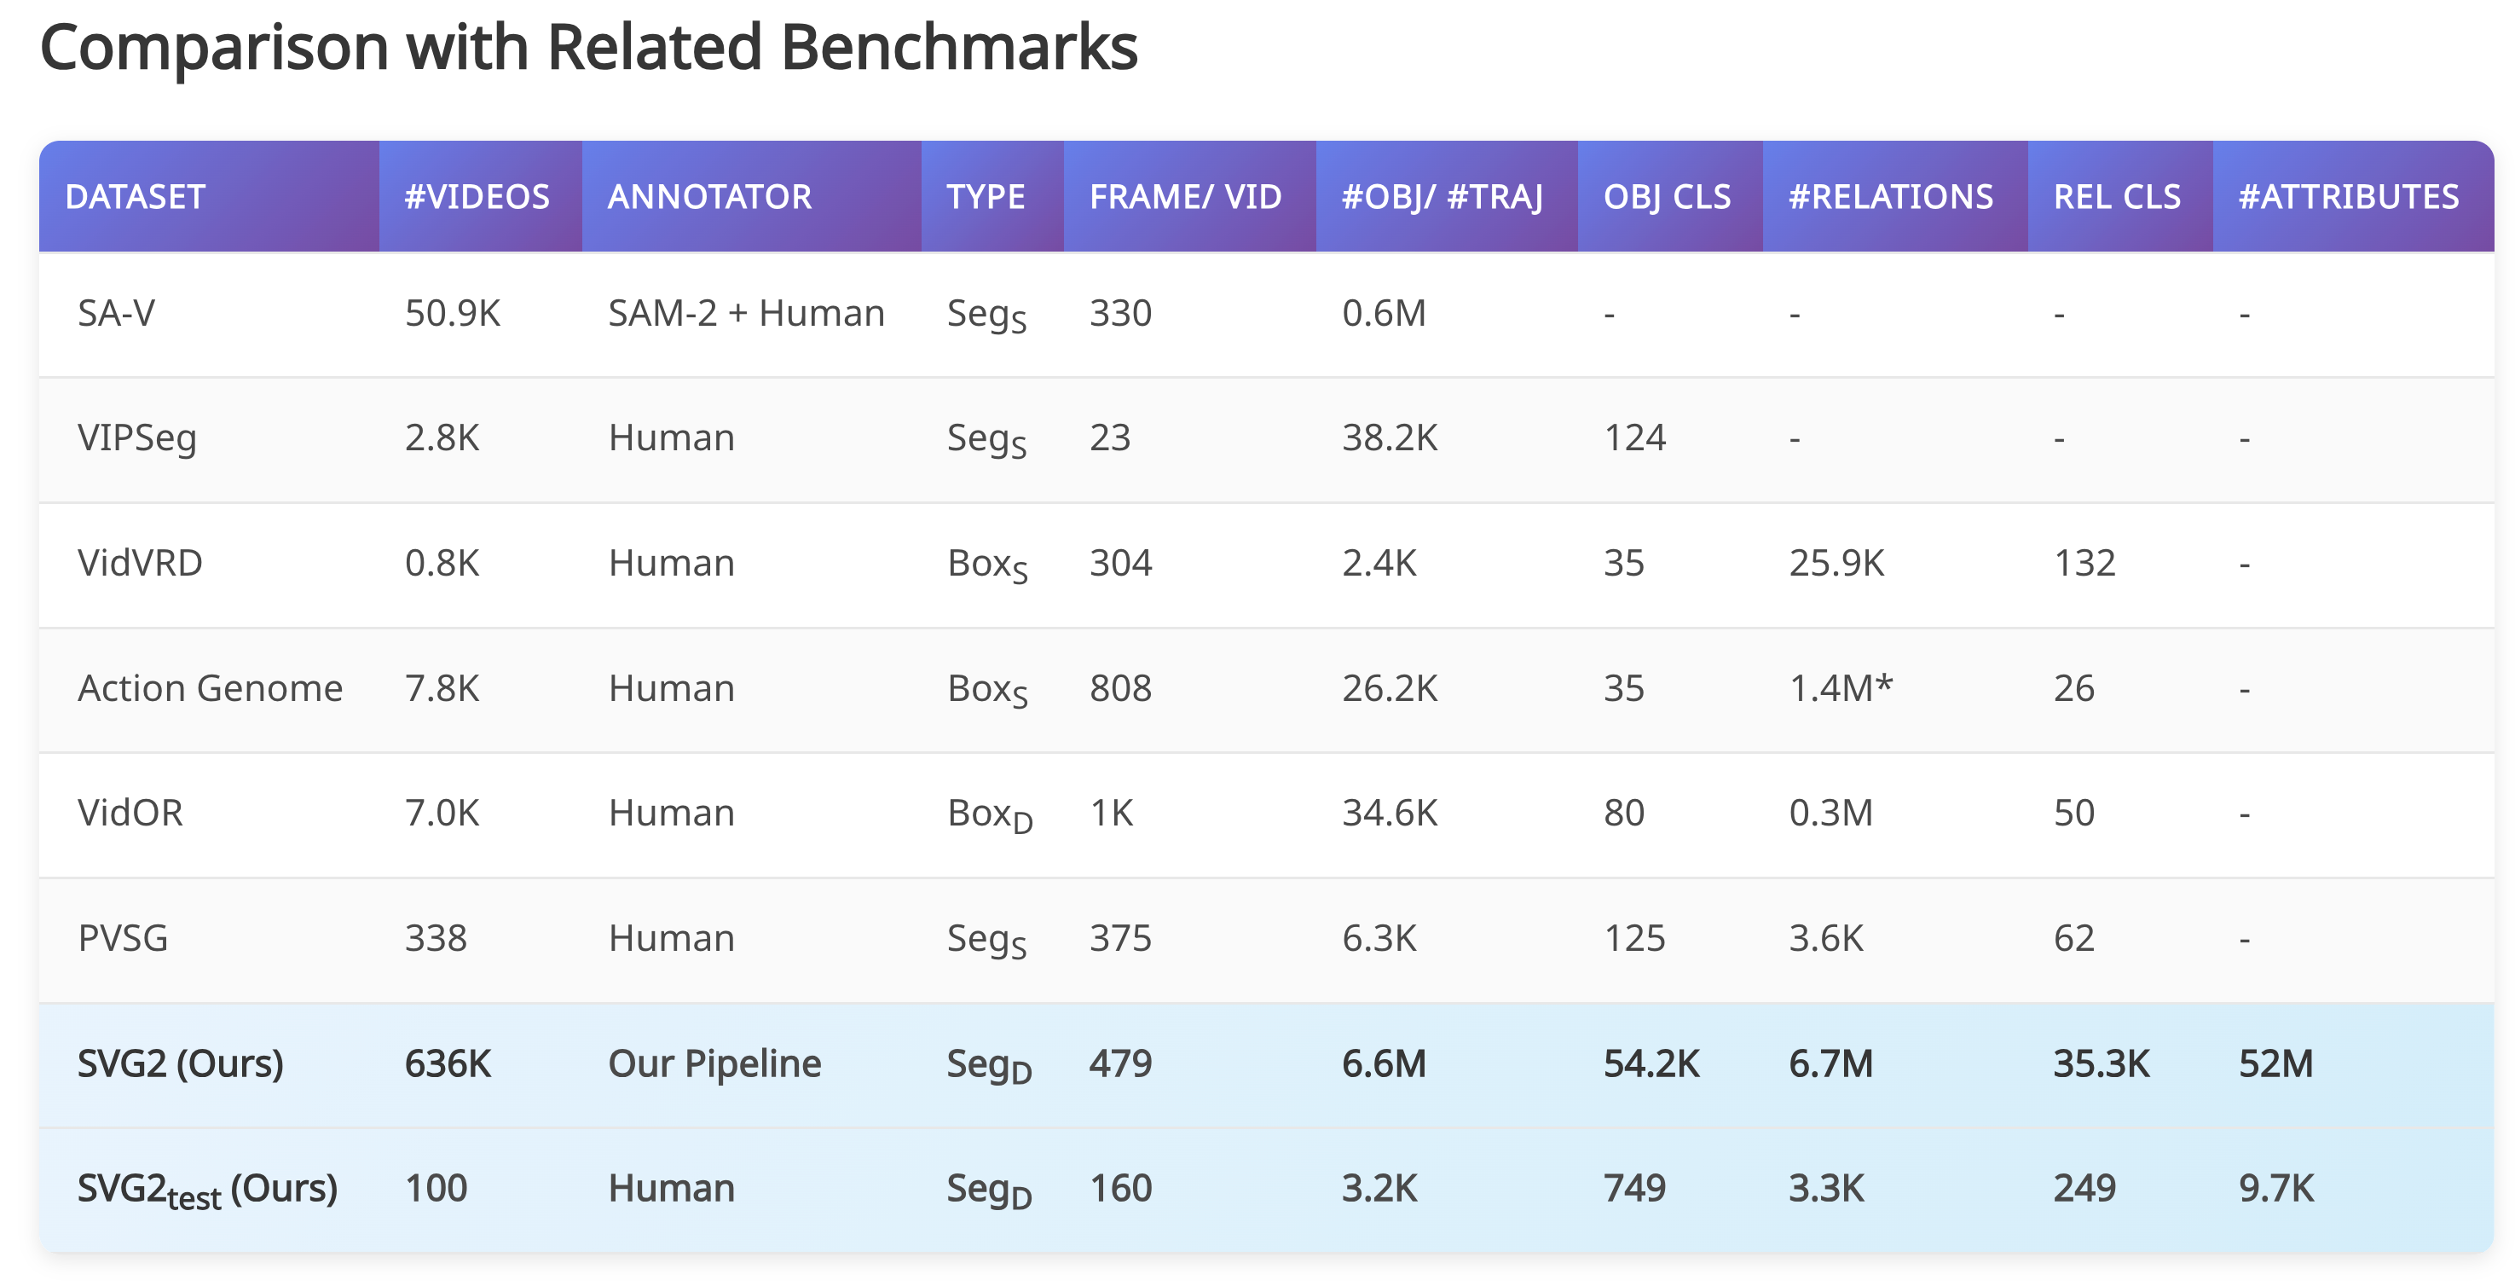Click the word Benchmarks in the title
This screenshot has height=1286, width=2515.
click(959, 47)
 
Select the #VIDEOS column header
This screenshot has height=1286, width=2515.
click(477, 197)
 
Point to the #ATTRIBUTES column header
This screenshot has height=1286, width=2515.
click(2348, 197)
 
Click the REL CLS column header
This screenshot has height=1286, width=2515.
click(2117, 197)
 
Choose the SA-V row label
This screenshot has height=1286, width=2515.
click(116, 314)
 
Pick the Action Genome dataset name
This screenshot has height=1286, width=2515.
click(210, 688)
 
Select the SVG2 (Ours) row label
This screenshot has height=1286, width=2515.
click(181, 1063)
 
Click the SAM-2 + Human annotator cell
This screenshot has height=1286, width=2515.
click(746, 314)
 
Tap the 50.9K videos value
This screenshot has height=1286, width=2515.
click(452, 314)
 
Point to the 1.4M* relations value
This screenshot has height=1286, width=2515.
click(1841, 688)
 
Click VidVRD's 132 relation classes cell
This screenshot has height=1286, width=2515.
click(2084, 564)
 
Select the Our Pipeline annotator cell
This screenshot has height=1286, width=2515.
click(714, 1063)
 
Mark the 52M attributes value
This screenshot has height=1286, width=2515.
click(2275, 1063)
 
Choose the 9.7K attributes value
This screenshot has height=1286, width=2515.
click(2275, 1188)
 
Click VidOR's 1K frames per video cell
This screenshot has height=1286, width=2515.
click(1111, 814)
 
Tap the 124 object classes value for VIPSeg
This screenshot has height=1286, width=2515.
click(1634, 438)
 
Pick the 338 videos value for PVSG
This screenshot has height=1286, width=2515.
click(436, 938)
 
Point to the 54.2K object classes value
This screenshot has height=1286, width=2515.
click(1651, 1063)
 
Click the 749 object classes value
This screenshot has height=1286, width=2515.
click(1634, 1188)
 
